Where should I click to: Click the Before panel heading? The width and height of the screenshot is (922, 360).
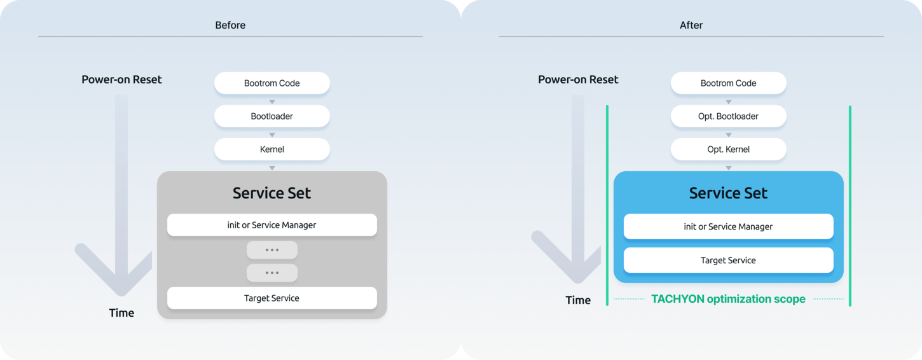pos(230,25)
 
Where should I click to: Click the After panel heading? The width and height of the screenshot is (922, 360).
pos(691,25)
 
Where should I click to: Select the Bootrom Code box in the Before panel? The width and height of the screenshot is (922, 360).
pos(272,83)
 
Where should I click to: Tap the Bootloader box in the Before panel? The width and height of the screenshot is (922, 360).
pos(272,116)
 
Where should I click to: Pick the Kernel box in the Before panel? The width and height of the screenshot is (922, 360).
pos(272,149)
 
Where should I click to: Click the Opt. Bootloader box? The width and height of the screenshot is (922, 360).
pos(728,116)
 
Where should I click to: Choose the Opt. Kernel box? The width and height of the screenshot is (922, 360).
pos(728,149)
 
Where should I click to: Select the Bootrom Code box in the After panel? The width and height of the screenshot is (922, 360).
pos(728,83)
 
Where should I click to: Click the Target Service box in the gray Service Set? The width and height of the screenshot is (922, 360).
pos(272,298)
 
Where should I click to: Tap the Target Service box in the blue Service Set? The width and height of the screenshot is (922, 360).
pos(728,260)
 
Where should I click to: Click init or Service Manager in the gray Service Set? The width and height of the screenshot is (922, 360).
pos(272,225)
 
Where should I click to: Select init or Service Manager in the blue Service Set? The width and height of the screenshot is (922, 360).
pos(728,226)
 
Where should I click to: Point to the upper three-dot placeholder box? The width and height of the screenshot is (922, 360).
pos(272,249)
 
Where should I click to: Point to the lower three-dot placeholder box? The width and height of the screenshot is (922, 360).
pos(272,273)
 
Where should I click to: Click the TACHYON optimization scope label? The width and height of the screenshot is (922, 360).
pos(728,299)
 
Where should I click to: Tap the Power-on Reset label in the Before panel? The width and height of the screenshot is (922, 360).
pos(121,79)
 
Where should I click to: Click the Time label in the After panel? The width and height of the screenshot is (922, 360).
pos(578,300)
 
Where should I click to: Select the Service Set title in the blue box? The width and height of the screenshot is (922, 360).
pos(728,193)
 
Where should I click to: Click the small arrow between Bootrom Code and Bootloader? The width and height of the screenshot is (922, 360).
pos(272,102)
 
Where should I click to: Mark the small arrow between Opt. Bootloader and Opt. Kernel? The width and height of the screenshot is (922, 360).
pos(729,135)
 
